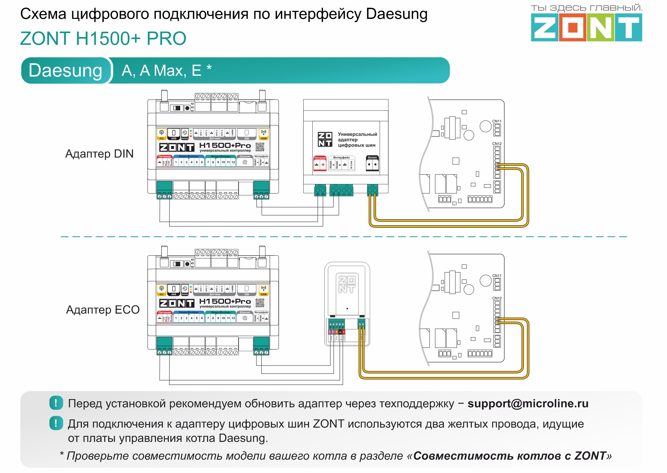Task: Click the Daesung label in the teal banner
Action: [x=66, y=71]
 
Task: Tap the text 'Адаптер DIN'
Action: [x=99, y=154]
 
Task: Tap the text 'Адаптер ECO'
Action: [x=103, y=310]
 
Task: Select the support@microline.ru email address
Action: [x=528, y=403]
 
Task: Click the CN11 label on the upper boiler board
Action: [x=497, y=121]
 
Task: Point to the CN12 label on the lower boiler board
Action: [x=497, y=298]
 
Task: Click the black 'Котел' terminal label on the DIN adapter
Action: [x=372, y=157]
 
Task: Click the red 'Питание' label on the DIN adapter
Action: [x=320, y=158]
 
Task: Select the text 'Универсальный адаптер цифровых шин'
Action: [x=357, y=140]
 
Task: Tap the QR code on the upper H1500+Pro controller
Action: [x=260, y=147]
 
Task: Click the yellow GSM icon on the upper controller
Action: [x=263, y=134]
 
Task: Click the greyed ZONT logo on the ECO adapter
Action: [x=346, y=284]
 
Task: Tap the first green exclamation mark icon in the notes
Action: [x=56, y=403]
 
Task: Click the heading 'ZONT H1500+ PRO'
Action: [x=103, y=38]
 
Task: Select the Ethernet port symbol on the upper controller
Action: [x=245, y=163]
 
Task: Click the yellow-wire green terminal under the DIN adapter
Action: [x=372, y=191]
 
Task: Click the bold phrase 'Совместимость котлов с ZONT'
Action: [x=510, y=456]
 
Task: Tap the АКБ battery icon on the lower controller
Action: [x=174, y=290]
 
